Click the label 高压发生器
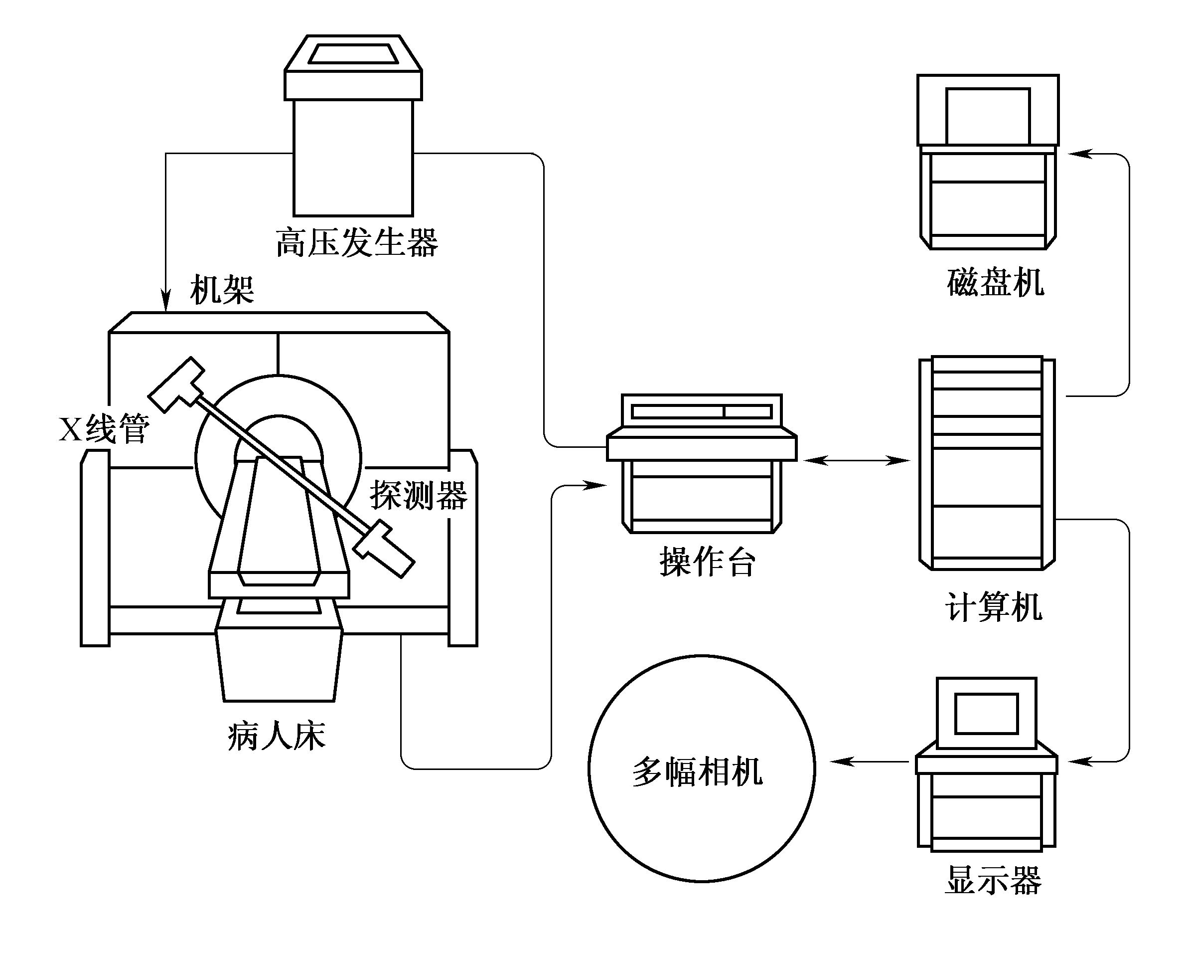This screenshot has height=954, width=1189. coord(356,243)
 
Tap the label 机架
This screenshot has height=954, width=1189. coord(222,290)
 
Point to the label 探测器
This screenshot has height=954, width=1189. coord(418,495)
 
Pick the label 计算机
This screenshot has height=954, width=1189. coord(993,607)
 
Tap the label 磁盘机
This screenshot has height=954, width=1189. coord(996,282)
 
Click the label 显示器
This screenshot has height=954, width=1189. coord(993,880)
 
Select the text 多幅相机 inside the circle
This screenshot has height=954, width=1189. coord(698,771)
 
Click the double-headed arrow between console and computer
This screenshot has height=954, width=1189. coord(857,460)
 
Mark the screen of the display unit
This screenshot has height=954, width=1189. coord(986,714)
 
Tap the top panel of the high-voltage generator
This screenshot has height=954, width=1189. coord(353,53)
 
